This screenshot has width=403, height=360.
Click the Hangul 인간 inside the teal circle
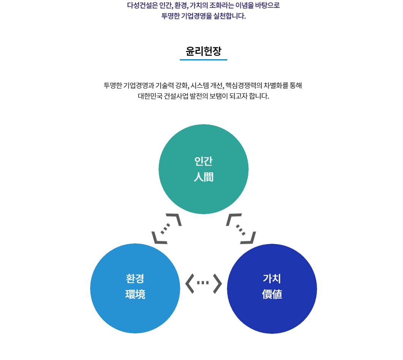click(x=203, y=161)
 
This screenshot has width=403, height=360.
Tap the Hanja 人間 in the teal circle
click(x=203, y=177)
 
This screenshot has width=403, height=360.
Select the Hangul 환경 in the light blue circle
click(x=135, y=279)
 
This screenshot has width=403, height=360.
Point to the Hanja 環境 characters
click(x=135, y=294)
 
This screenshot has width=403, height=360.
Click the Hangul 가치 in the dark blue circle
click(x=272, y=279)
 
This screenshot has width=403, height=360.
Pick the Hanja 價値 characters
click(x=272, y=294)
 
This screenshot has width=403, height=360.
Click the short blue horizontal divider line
click(x=203, y=60)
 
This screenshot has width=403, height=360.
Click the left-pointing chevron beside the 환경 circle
click(x=189, y=283)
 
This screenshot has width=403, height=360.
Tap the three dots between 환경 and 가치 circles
click(x=203, y=283)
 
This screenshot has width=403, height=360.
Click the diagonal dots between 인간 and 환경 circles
click(x=165, y=229)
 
